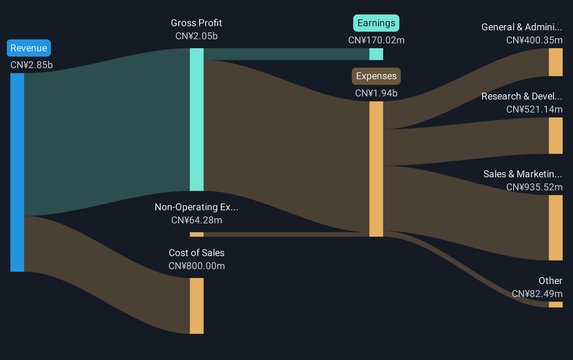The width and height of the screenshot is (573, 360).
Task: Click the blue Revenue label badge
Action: coord(29,48)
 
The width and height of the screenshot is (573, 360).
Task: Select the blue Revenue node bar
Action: coord(17,172)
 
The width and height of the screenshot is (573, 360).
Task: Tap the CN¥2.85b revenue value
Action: coord(31,65)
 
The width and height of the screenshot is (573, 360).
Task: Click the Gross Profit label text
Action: coord(196,23)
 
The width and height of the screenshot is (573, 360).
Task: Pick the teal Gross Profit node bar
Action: coord(197,119)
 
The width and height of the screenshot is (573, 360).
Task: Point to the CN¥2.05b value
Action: coord(196,36)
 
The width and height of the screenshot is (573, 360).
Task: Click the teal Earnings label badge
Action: coord(376,23)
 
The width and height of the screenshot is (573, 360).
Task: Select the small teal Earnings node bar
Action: coord(376,54)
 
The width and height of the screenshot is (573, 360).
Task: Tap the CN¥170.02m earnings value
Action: coord(376,40)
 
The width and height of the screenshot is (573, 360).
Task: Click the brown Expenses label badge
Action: coord(376,76)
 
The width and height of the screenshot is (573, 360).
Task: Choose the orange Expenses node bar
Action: coord(376,169)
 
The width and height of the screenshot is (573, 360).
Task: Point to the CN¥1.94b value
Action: coord(376,93)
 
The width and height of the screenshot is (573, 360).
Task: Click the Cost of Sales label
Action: coord(196,253)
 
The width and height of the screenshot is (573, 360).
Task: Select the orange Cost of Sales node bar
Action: coord(197,306)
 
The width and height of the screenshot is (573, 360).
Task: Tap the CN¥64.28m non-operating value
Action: coord(197,220)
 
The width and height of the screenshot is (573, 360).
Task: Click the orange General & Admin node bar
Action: coord(555,62)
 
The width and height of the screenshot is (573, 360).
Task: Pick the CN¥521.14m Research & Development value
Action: coord(534,109)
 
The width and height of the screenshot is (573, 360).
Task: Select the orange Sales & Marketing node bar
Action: coord(555,228)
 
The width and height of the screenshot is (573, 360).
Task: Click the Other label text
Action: coord(550,281)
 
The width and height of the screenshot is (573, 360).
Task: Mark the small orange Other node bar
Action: coord(555,305)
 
